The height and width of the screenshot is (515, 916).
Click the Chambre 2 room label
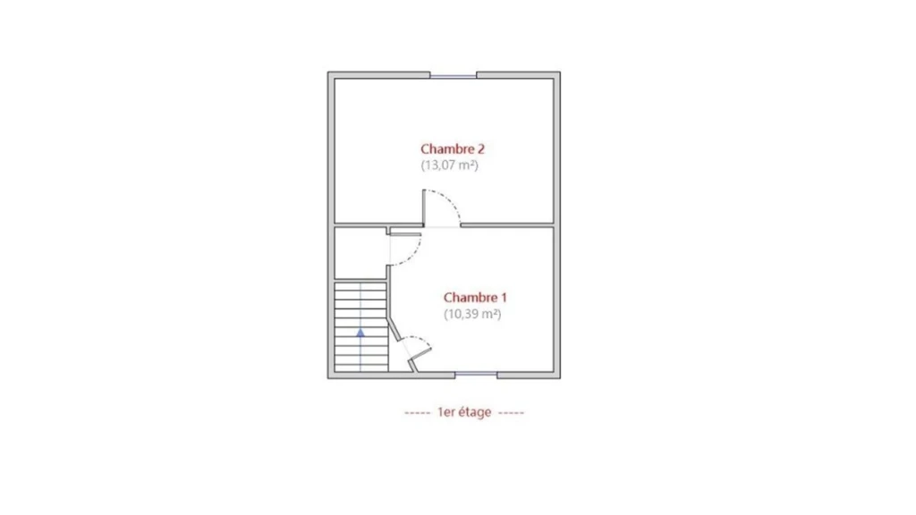coord(453,149)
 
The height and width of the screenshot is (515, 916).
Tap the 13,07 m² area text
coord(450,165)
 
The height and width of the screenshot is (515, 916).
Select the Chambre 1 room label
coord(476,298)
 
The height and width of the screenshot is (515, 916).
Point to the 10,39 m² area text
coord(472,314)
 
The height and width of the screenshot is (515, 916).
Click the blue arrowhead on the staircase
coord(360,333)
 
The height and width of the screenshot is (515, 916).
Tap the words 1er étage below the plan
coord(464,412)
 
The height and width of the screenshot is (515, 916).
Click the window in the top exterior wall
coord(454,75)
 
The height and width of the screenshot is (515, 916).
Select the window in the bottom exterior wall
coord(476,375)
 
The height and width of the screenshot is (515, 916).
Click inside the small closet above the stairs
coord(360,253)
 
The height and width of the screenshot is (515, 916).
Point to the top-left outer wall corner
coord(328,72)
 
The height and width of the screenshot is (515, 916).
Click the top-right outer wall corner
coord(560,72)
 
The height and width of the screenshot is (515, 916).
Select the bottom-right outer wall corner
coord(560,378)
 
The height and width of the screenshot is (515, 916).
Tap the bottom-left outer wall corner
coord(328,378)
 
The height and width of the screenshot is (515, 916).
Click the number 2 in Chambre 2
coord(480,149)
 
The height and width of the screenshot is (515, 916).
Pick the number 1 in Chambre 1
coord(505,298)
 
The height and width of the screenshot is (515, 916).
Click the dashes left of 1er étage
coord(417,413)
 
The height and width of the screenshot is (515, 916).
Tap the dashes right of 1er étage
coord(512,413)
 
